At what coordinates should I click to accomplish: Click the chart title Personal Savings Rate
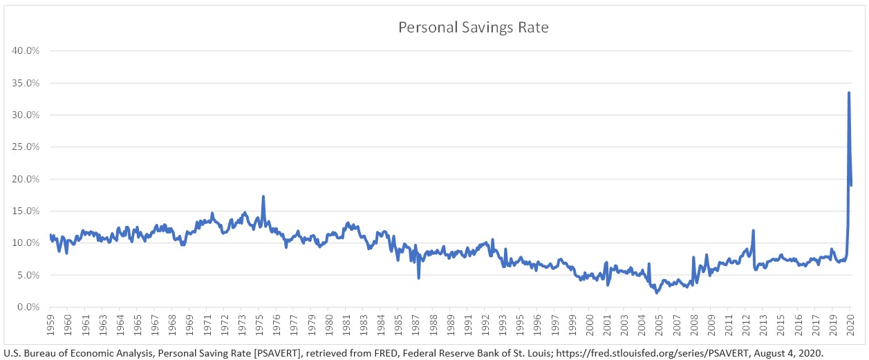473,28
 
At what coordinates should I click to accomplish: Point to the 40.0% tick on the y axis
27,51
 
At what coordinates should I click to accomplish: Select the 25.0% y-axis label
27,147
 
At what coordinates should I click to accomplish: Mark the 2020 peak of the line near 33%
848,93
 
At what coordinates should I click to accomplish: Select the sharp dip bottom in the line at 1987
418,278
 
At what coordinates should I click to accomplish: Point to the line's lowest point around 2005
657,292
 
